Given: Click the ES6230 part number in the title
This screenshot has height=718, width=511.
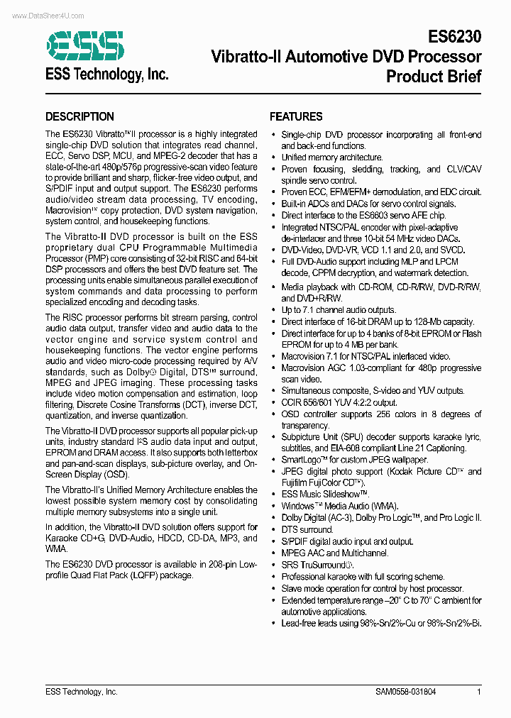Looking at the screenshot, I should click(x=455, y=37).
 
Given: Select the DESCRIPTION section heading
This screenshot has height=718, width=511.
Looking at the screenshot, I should click(x=79, y=117).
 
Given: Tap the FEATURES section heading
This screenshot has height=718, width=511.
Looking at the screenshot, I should click(x=296, y=117).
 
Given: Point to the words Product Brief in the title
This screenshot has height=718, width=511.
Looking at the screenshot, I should click(x=434, y=76).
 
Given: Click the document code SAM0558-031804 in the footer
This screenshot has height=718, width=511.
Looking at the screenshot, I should click(x=406, y=692).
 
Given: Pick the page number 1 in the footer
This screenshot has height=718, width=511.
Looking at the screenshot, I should click(x=479, y=692).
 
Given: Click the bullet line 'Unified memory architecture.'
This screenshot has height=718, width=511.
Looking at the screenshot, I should click(x=331, y=158).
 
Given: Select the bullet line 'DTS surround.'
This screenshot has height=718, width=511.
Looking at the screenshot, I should click(x=307, y=529).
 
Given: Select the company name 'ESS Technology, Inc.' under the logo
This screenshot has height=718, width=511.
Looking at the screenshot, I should click(x=106, y=74).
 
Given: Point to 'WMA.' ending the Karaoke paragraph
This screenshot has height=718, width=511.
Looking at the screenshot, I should click(x=56, y=548).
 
